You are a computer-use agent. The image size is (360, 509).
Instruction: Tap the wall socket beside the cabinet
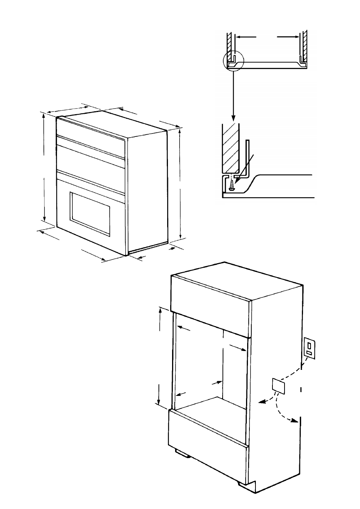point(310,349)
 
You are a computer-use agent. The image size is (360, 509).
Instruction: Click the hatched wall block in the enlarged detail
point(229,147)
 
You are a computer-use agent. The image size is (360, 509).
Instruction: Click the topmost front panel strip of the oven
point(91,130)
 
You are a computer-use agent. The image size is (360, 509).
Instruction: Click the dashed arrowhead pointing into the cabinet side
point(261,403)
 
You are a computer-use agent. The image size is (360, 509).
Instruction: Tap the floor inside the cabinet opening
point(211,409)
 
